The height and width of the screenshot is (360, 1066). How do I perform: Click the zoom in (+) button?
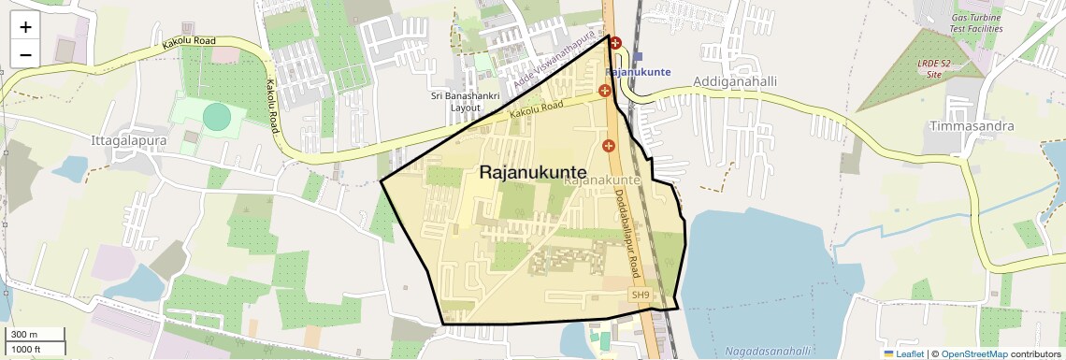coord(25,27)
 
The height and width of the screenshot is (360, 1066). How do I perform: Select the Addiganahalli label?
coord(735,82)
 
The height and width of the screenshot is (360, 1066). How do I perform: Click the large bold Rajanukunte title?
coord(533,172)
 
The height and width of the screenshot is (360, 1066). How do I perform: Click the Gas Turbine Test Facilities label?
coord(976,22)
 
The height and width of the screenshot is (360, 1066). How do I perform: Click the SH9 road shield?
coord(640,295)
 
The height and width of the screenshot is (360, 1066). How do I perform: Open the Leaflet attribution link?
coord(905,353)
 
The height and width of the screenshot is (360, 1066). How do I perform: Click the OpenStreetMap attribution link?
coord(974,353)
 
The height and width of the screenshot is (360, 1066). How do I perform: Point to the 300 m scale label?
coord(24,335)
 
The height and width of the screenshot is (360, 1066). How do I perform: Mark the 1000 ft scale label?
coord(27,349)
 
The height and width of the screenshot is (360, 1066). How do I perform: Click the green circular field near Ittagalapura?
coord(216,117)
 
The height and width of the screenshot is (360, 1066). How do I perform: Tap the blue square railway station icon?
coord(638,57)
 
